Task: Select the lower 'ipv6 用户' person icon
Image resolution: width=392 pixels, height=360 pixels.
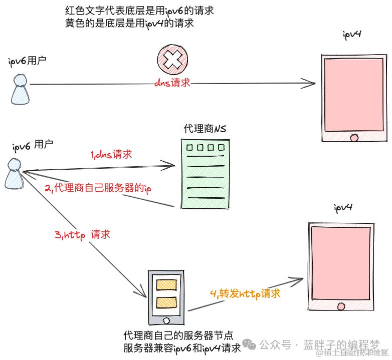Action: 14,174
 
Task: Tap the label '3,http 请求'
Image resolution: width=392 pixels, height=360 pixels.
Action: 82,234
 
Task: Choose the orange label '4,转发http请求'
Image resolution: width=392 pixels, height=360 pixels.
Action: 245,294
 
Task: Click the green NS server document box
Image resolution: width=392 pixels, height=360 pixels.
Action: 201,173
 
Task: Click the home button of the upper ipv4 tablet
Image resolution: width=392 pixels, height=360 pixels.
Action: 354,137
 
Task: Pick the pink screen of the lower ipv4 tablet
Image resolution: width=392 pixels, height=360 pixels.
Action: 341,260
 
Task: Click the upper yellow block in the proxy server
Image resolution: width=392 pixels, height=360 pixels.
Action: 166,284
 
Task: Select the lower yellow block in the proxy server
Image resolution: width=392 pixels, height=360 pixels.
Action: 166,302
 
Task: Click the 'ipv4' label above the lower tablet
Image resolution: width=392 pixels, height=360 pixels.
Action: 343,207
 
